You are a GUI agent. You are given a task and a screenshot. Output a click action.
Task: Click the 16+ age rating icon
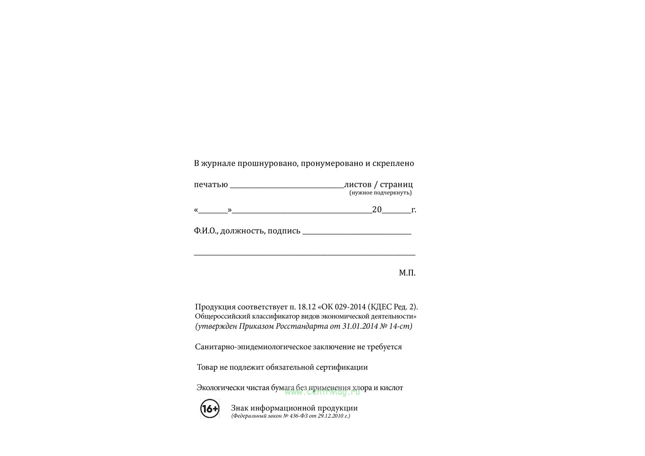point(210,408)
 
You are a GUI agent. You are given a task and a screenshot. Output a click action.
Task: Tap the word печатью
point(211,185)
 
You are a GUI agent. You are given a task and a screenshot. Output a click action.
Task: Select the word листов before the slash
point(357,185)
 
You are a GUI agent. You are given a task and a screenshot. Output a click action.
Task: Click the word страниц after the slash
point(396,185)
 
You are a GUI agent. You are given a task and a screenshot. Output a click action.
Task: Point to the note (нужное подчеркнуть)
point(380,193)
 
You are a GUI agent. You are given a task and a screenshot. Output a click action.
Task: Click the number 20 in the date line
point(377,210)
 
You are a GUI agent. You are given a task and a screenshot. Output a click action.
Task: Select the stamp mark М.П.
point(407,273)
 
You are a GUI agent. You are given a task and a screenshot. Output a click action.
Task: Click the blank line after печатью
point(287,186)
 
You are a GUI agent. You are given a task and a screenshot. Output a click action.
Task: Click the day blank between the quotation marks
point(213,211)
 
